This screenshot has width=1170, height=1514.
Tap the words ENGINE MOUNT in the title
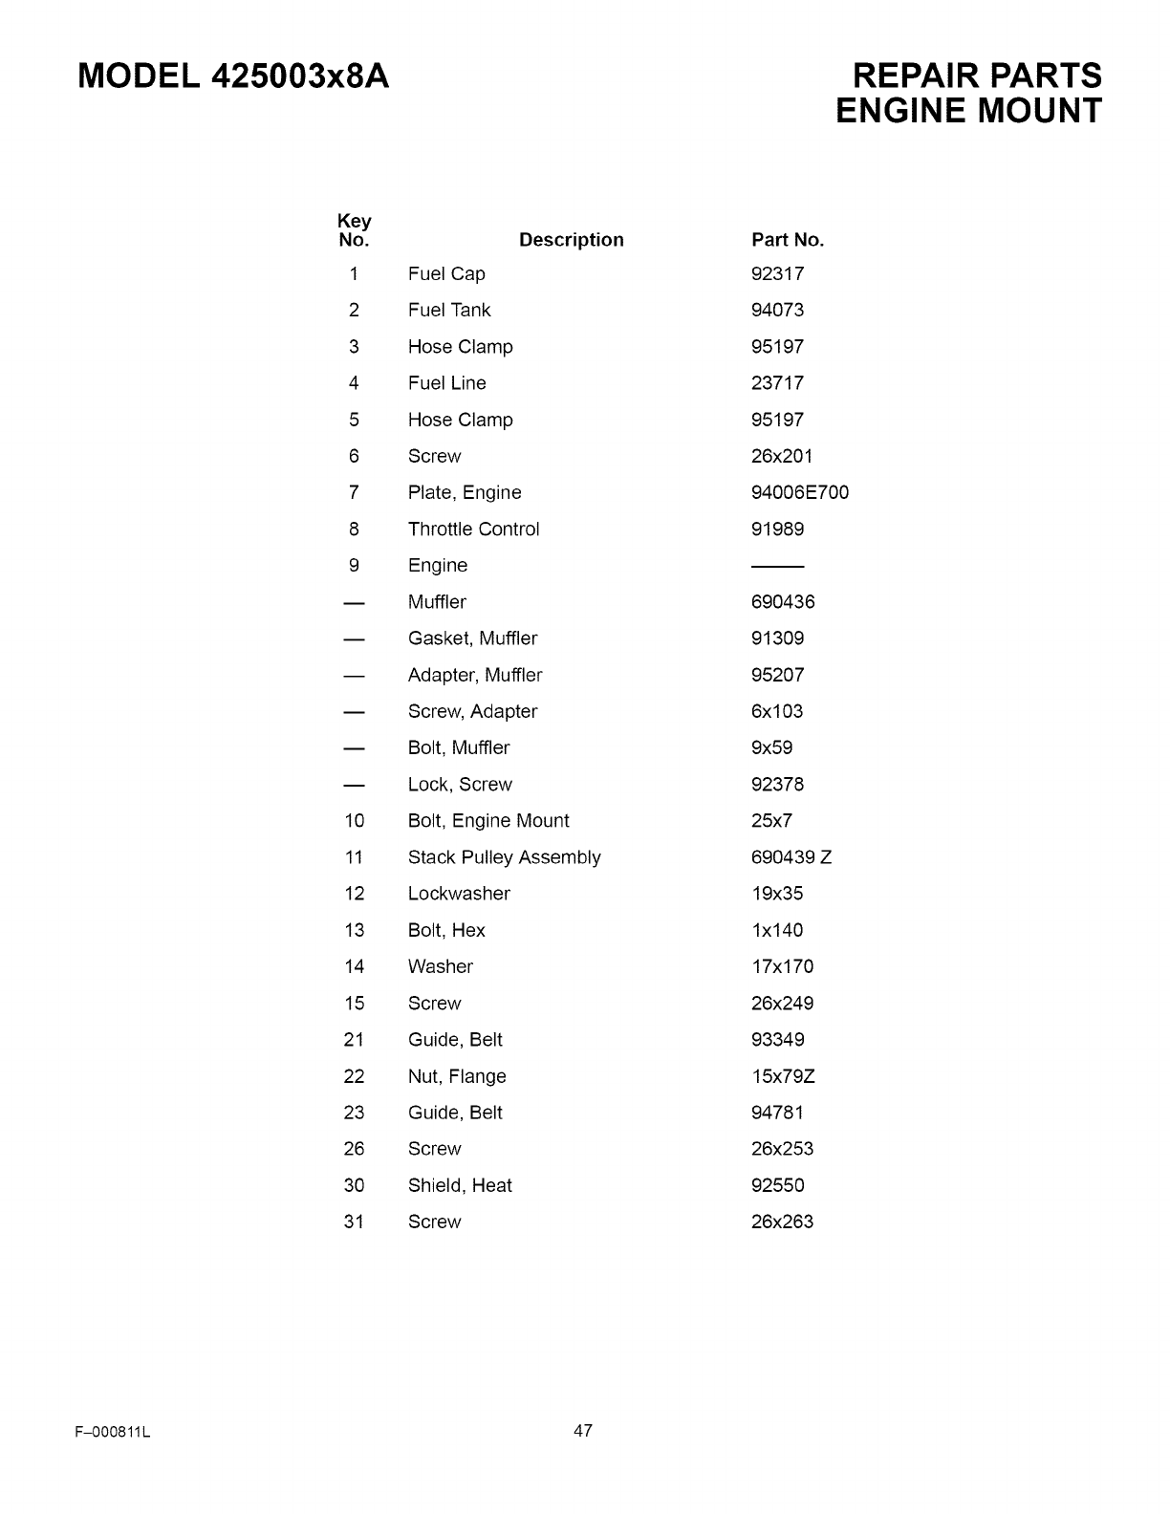(968, 111)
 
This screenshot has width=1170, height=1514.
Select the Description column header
(571, 240)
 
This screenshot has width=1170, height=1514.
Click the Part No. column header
(788, 240)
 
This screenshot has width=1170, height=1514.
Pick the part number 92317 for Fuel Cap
(778, 274)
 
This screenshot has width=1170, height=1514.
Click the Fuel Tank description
(449, 311)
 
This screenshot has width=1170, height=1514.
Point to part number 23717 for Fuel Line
(778, 383)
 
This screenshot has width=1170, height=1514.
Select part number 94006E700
(800, 493)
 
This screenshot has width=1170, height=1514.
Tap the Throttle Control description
(473, 530)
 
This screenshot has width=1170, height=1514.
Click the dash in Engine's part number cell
(777, 566)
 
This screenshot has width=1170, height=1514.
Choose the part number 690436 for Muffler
(783, 602)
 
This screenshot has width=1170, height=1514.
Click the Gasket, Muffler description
(472, 638)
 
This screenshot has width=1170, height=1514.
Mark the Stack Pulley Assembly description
(504, 857)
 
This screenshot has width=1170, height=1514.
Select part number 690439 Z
(791, 857)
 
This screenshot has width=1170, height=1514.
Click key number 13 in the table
(355, 931)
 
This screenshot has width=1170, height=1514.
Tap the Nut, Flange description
(457, 1076)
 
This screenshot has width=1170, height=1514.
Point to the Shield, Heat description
(460, 1186)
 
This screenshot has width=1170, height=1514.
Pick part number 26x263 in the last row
(782, 1222)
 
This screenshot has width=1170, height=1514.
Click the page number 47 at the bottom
(583, 1431)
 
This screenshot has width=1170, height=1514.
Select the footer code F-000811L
(112, 1433)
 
